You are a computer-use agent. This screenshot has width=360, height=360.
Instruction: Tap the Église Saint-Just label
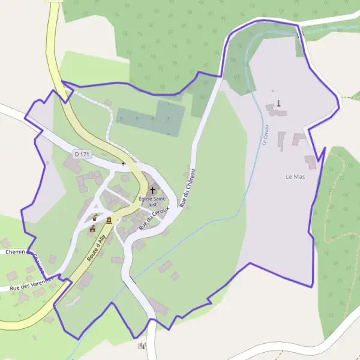[x=152, y=201]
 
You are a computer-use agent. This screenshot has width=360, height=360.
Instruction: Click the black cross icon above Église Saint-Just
[x=152, y=190]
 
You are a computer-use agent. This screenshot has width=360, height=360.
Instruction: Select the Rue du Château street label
[x=190, y=188]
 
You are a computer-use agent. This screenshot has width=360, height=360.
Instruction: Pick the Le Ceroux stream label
[x=264, y=134]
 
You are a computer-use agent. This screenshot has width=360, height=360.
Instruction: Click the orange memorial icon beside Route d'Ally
[x=109, y=220]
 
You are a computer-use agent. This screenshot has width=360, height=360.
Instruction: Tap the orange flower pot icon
[x=95, y=218]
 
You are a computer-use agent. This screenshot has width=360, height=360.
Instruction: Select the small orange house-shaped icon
[x=92, y=228]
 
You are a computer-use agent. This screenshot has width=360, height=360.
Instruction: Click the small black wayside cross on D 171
[x=123, y=163]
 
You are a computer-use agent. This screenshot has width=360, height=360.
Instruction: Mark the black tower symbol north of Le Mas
[x=278, y=103]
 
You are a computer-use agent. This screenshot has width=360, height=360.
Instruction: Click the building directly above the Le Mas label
[x=310, y=161]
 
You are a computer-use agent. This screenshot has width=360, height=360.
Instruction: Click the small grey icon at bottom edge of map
[x=142, y=346]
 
